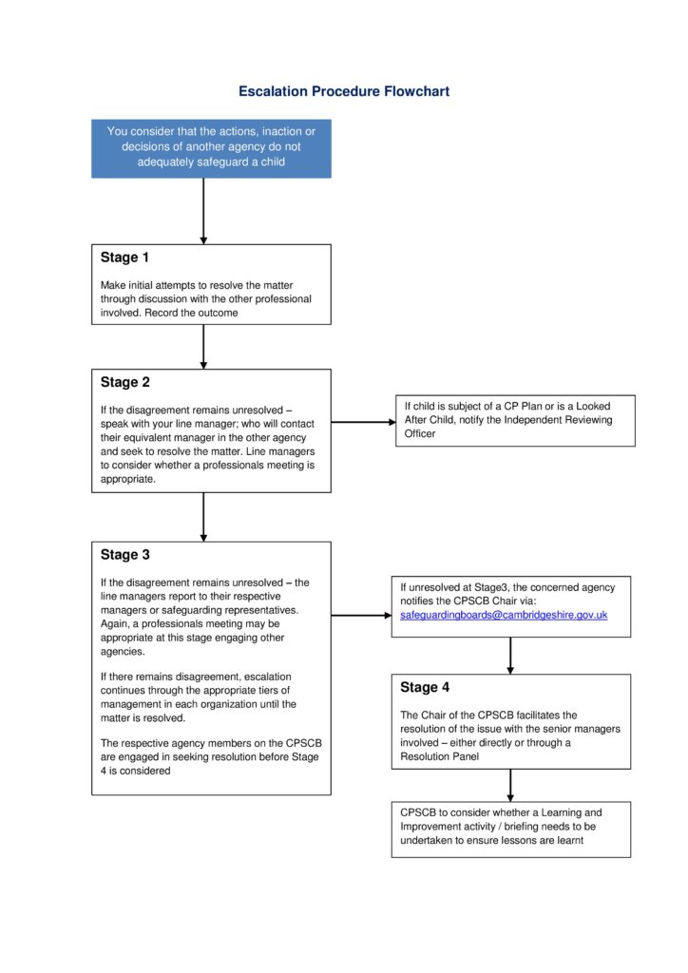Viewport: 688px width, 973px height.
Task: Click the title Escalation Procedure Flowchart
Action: [x=343, y=91]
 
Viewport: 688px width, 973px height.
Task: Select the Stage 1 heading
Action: [x=124, y=258]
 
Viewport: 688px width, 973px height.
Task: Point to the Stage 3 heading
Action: [x=124, y=555]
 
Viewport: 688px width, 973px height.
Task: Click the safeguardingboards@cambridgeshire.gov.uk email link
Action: [x=503, y=616]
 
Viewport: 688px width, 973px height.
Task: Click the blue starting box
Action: [x=211, y=147]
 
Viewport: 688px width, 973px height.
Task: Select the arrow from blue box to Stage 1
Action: [x=203, y=210]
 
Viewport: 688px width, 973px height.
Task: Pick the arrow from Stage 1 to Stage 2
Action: [x=203, y=346]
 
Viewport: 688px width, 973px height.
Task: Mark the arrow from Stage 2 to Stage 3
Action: [x=203, y=516]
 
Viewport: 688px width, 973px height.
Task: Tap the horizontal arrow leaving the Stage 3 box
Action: [x=361, y=616]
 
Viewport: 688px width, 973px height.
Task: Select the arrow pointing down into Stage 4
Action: [x=510, y=655]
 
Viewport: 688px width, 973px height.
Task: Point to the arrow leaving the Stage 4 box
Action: [x=510, y=785]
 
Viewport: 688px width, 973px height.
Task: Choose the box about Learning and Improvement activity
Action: [x=510, y=828]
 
